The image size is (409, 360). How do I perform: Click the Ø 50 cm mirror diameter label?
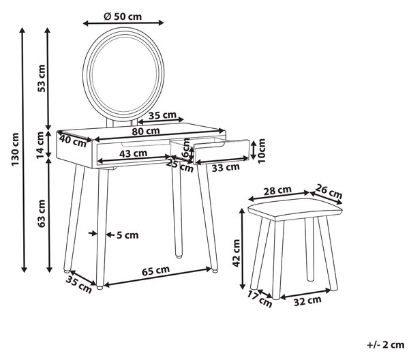pos(123,16)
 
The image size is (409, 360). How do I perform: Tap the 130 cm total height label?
pos(16,149)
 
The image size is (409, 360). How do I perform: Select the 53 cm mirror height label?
pos(42,78)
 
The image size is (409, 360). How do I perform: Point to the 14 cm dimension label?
pos(40,145)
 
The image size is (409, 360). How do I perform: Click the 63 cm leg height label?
pos(42,213)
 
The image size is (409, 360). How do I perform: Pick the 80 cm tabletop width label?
pos(146,131)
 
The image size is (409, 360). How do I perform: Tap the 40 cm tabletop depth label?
pos(73,141)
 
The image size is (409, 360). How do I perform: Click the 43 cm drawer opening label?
pos(134,153)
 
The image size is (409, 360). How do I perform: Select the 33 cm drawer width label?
pos(226,167)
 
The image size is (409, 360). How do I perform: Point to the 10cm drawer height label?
pos(261,151)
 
